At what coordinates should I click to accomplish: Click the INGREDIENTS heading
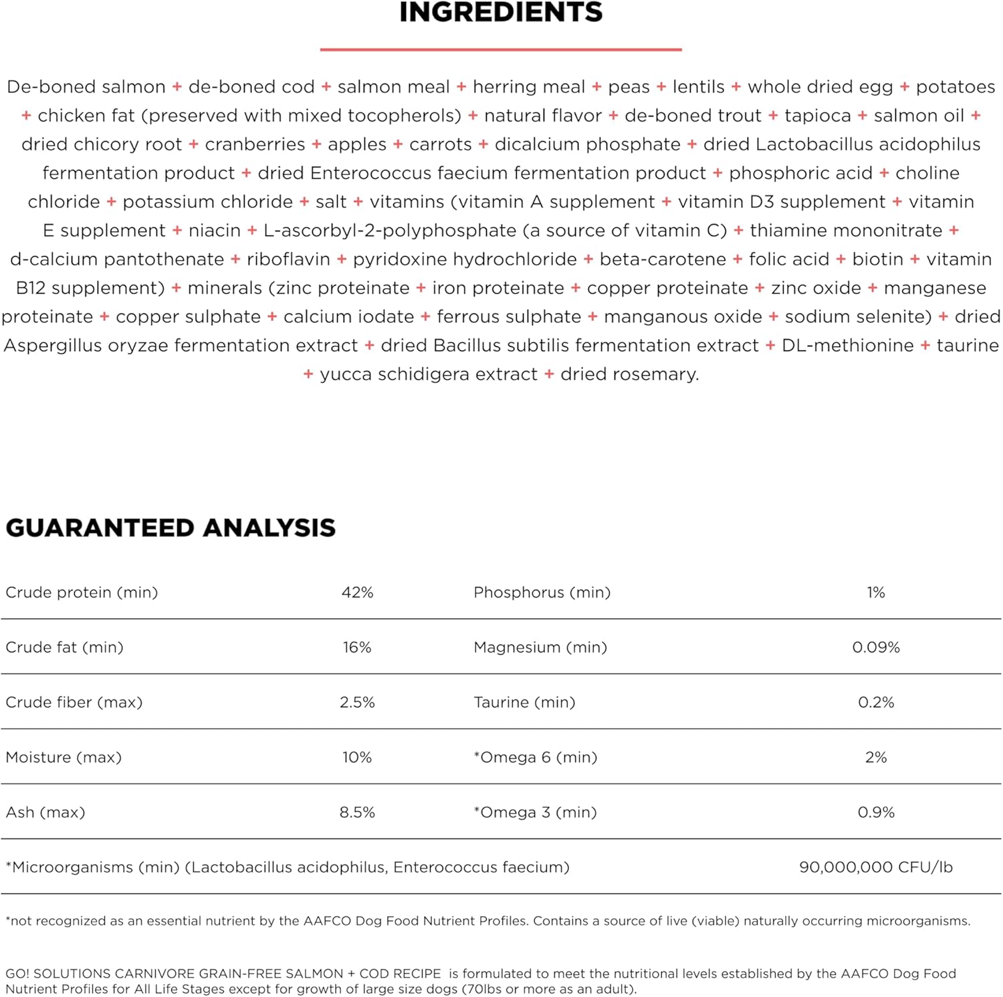pos(501,12)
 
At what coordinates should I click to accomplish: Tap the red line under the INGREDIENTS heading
pos(501,49)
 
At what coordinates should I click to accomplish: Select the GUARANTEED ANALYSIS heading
pos(171,528)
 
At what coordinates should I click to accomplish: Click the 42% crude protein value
pos(357,592)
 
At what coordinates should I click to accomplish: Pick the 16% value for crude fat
pos(357,647)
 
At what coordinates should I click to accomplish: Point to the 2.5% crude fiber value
pos(357,702)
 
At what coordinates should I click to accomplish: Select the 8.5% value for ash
pos(357,812)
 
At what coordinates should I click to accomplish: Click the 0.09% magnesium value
pos(876,647)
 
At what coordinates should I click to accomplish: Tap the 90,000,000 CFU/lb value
pos(876,867)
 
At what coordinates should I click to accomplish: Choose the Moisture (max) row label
pos(64,758)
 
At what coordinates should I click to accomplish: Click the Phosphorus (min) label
pos(542,592)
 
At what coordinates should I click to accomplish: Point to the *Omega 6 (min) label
pos(536,758)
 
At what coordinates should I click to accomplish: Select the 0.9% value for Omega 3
pos(876,812)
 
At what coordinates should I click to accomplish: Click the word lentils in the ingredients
pos(699,87)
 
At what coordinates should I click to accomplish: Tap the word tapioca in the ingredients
pos(818,116)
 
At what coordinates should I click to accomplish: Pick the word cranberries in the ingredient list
pos(255,144)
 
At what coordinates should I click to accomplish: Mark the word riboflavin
pos(288,259)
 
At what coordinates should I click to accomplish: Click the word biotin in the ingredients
pos(877,259)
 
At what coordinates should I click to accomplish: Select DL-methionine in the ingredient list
pos(847,346)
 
